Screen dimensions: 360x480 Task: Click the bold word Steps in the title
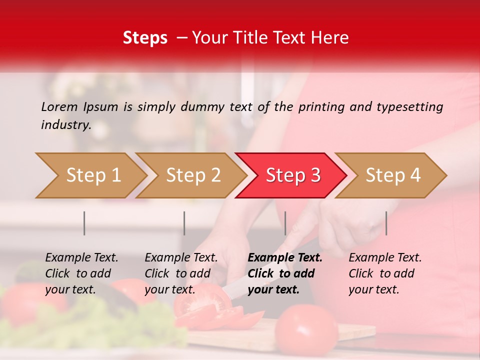[145, 38]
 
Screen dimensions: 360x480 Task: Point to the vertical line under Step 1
[84, 223]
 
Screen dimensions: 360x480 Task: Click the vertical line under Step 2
[184, 223]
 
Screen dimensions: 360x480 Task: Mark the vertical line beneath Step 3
[285, 223]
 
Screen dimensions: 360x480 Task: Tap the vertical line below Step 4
[386, 223]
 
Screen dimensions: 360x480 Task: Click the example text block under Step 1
[81, 273]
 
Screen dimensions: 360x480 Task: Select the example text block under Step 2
[181, 273]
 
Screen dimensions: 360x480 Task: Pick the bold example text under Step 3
[285, 273]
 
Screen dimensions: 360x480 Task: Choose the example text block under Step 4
[385, 273]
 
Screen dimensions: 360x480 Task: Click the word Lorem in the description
[59, 106]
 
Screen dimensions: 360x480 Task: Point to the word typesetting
[409, 107]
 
